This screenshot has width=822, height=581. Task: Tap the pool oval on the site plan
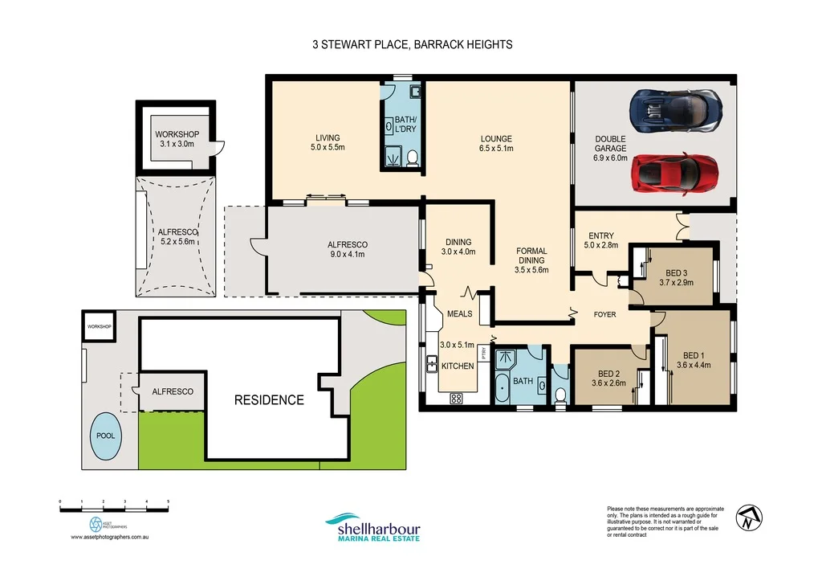click(x=106, y=435)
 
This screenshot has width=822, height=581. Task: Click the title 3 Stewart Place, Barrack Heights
click(x=412, y=45)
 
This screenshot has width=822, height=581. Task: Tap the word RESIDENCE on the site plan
click(x=269, y=399)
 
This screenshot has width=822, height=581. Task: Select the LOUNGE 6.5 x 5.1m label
click(x=495, y=143)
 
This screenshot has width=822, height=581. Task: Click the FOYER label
click(x=604, y=314)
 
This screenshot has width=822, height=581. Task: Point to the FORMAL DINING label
click(x=531, y=260)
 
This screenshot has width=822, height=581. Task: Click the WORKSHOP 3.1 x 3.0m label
click(x=177, y=139)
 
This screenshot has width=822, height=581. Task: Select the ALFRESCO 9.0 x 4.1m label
click(x=347, y=249)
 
